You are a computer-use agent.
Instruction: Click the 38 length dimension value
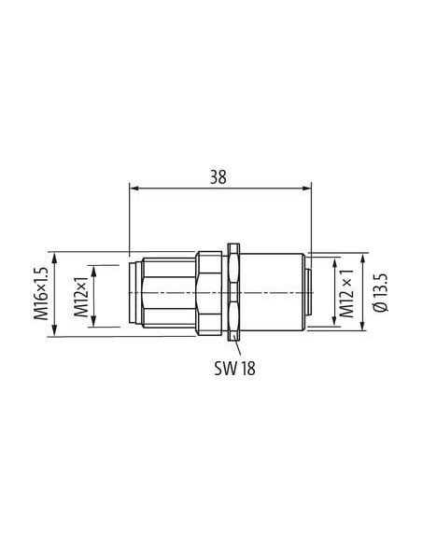218,177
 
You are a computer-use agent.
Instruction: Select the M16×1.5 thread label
40,293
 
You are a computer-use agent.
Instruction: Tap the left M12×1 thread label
81,297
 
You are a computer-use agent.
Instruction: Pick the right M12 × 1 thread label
346,293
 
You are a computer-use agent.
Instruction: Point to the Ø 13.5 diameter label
380,292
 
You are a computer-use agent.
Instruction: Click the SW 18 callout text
234,368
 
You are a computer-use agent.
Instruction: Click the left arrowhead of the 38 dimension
134,189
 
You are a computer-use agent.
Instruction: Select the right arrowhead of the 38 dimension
307,189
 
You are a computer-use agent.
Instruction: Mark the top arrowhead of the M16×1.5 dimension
54,259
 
